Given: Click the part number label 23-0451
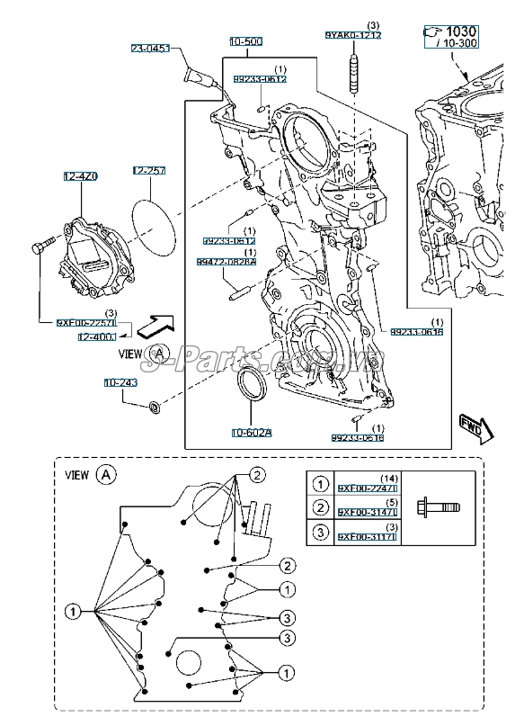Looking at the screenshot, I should coord(151,49).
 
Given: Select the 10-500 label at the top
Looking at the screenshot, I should coord(245,41).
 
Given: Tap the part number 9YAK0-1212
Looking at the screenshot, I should coord(353,34).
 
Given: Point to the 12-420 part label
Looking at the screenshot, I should coord(80,175).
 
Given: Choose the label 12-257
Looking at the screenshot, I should coord(149,170).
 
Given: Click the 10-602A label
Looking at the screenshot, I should coord(251,433).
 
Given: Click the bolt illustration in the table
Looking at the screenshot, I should coord(440,510).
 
